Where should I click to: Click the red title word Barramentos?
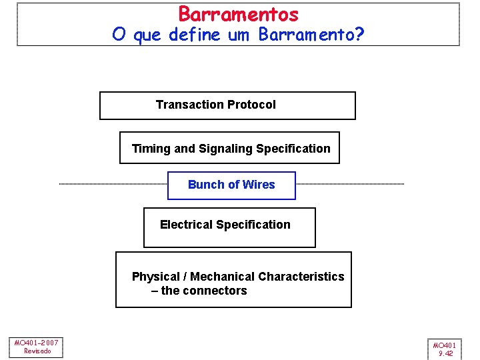tap(238, 14)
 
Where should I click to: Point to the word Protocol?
tap(251, 105)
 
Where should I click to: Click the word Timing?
tap(151, 149)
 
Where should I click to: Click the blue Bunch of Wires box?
tap(231, 185)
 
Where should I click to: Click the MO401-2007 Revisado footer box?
tap(37, 347)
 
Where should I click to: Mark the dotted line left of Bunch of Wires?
tap(113, 184)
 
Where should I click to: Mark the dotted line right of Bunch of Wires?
tap(349, 184)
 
